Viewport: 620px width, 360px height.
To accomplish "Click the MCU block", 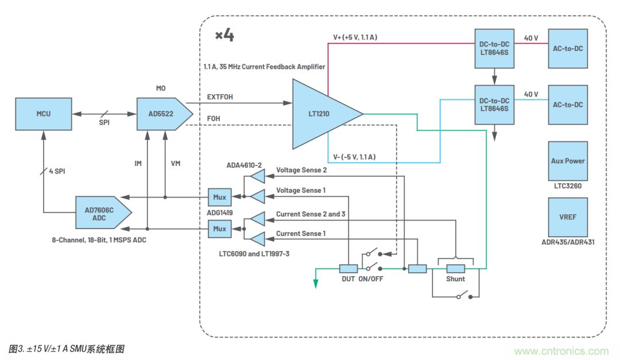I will (44, 114).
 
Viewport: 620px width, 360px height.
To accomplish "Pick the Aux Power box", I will (568, 161).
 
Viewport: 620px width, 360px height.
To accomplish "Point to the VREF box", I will (568, 218).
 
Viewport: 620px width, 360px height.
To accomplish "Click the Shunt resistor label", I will (456, 279).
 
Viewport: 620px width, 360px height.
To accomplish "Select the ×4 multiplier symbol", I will (224, 36).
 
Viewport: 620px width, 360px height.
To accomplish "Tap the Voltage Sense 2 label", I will (301, 171).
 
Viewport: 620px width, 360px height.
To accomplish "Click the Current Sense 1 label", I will (300, 234).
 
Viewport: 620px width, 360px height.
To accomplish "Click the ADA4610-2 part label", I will (244, 165).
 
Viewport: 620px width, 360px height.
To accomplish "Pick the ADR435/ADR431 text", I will (568, 242).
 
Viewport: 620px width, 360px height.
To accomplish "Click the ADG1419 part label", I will (220, 212).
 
